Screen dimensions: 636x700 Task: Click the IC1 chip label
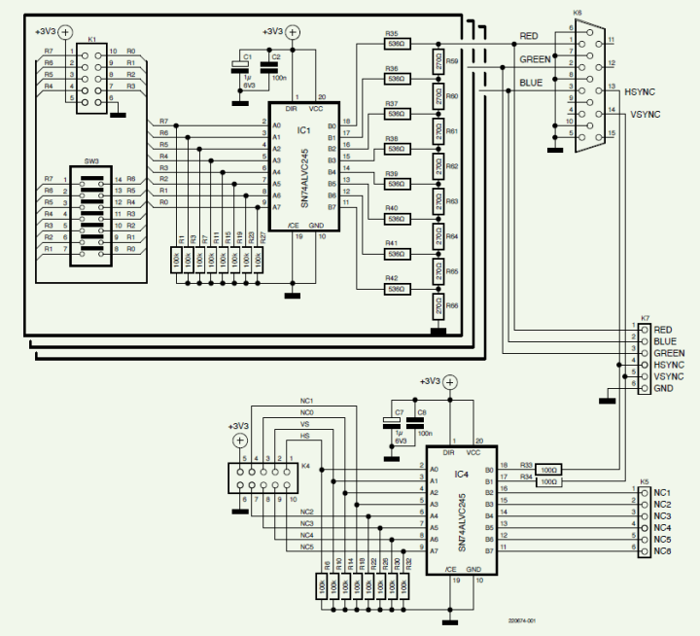(303, 129)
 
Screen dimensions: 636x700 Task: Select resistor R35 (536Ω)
(396, 43)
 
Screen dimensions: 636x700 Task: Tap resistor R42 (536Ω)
(396, 288)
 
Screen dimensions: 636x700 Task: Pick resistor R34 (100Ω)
(548, 481)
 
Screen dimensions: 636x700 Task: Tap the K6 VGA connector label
(577, 14)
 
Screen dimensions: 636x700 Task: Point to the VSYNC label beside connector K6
(645, 114)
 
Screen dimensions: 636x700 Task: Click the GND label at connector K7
(663, 388)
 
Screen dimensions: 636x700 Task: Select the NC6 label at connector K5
(662, 551)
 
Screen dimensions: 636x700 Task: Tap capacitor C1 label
(247, 57)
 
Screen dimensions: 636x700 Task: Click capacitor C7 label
(399, 413)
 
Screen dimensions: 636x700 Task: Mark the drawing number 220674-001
(521, 619)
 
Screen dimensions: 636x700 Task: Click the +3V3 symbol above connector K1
(65, 31)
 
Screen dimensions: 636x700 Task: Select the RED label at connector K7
(663, 330)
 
